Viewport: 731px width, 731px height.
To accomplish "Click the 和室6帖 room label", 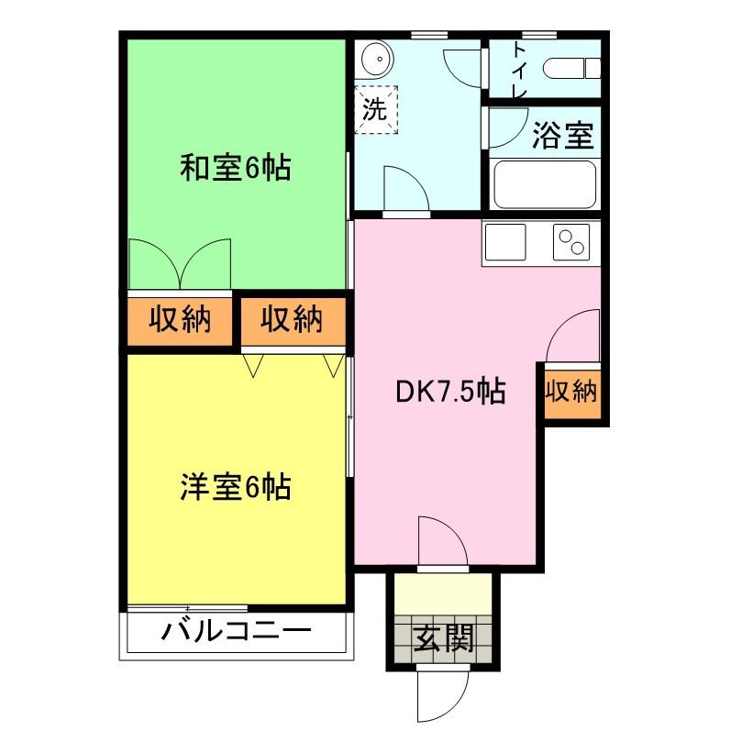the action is coord(236,168).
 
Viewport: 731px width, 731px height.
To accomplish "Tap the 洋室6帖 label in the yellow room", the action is coord(236,487).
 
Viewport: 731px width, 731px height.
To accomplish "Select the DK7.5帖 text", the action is coord(450,391).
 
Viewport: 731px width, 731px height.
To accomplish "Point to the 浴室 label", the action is coord(563,135).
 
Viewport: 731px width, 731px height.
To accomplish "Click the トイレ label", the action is coord(520,70).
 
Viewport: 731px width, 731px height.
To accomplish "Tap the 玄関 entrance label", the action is coord(444,637).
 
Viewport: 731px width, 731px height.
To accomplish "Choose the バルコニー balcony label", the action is coord(236,632).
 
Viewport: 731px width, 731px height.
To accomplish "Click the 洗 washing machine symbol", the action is coord(376,109).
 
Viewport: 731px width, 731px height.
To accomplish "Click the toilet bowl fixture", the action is coord(571,69).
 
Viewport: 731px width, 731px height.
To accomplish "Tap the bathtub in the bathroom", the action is coord(545,184).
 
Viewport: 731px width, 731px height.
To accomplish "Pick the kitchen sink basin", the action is coord(505,242).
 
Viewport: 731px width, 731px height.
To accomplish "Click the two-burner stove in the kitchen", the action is coord(571,242).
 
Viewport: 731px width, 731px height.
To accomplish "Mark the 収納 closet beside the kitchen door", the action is coord(572,390).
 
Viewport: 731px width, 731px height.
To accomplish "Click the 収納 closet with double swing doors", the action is coord(180,320).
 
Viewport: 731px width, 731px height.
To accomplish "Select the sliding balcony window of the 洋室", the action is coord(187,608).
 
